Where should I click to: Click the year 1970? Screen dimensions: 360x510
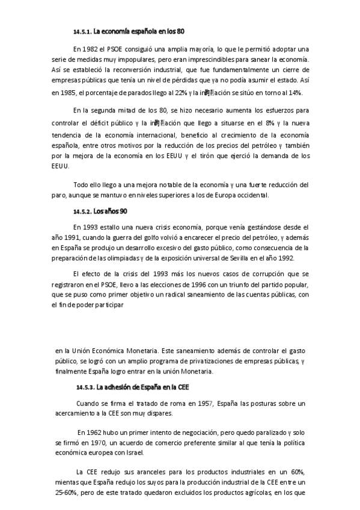point(98,443)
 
